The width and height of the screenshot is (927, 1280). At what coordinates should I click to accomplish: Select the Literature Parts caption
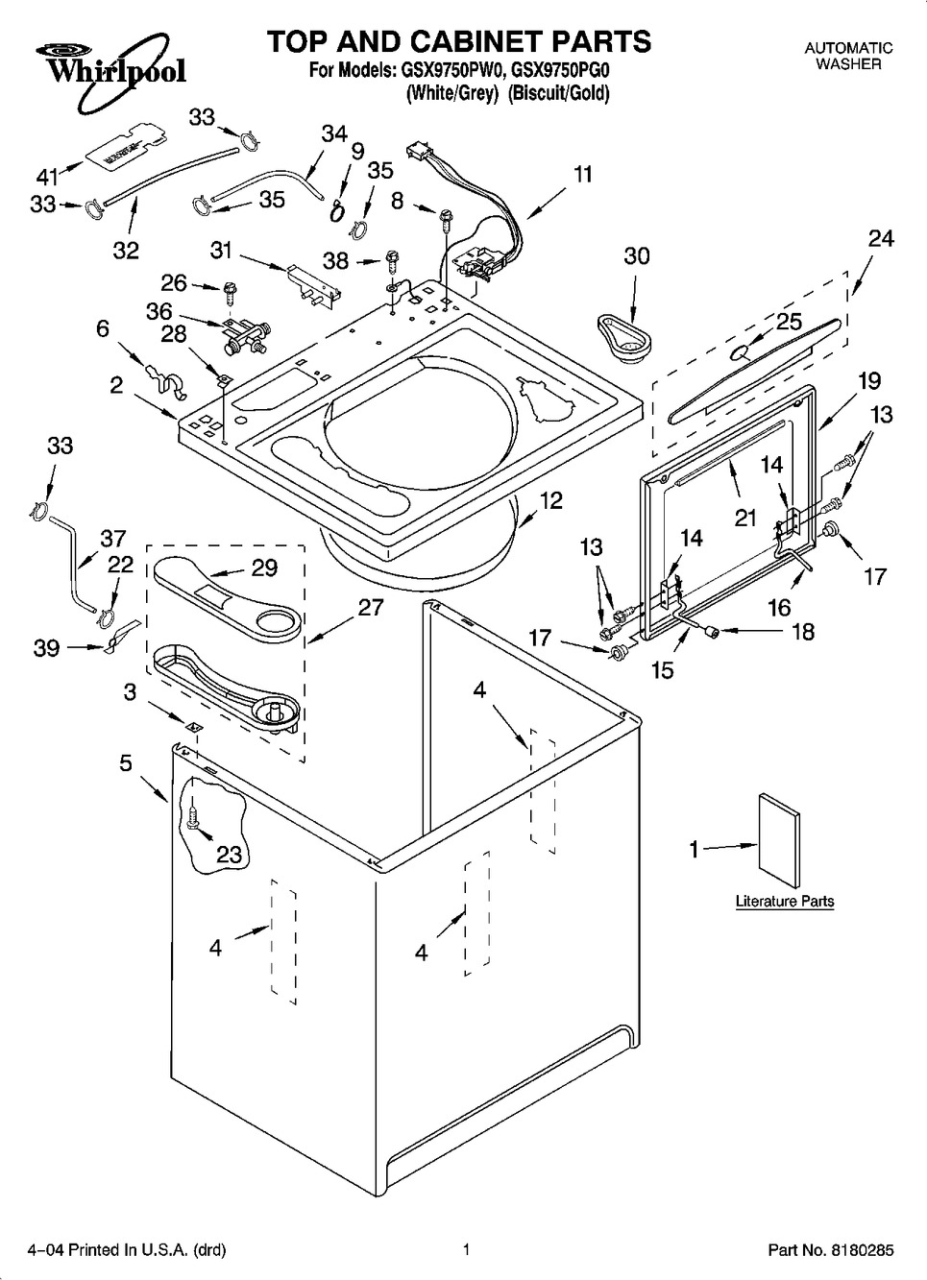(784, 902)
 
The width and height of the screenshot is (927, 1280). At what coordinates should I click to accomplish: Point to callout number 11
(583, 175)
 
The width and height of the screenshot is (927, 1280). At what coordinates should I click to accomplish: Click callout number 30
(636, 256)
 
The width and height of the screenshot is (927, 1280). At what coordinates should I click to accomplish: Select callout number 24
(880, 238)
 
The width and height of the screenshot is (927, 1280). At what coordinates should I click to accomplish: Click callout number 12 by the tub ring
(550, 500)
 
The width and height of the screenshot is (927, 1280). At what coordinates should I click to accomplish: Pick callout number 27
(371, 607)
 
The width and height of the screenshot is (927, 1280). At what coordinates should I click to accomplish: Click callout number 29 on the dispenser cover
(264, 568)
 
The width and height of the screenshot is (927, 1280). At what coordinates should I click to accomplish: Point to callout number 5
(126, 763)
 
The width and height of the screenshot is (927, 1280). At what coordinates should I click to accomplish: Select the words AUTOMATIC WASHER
(847, 56)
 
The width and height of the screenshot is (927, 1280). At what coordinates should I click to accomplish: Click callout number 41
(47, 176)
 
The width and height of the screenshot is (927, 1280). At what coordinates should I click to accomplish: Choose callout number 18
(801, 631)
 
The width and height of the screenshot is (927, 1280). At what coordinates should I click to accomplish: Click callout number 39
(46, 648)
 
